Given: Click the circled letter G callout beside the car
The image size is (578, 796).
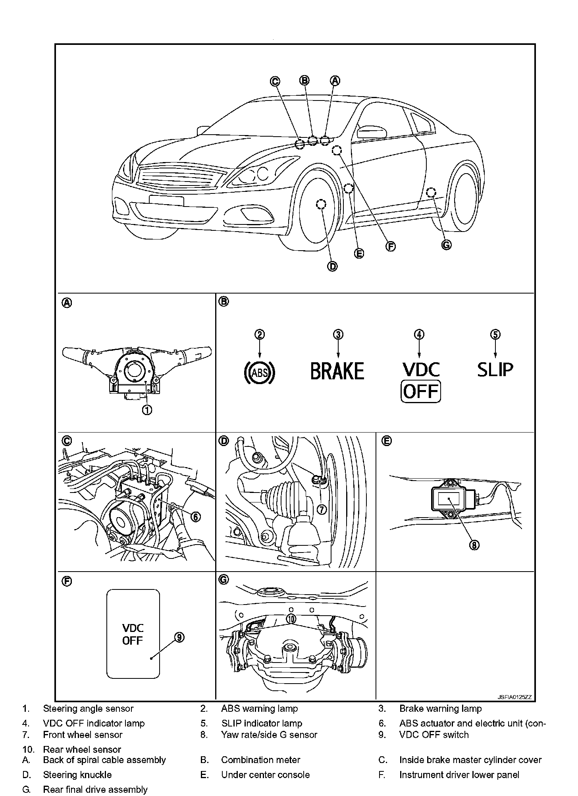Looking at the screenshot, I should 446,245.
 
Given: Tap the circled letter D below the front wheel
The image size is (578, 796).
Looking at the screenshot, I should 332,267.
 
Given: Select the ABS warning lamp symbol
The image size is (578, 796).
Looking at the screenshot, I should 259,372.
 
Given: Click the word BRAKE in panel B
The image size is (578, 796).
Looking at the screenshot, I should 337,371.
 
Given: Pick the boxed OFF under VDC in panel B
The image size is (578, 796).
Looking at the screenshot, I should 421,392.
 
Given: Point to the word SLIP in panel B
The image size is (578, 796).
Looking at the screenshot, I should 495,369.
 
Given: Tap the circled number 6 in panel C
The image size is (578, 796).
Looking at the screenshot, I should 195,516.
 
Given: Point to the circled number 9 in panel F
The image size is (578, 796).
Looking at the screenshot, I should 179,637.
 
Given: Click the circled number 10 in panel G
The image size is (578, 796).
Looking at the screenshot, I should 291,618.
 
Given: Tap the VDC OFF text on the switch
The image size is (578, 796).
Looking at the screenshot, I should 133,634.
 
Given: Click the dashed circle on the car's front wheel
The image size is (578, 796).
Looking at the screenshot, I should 321,204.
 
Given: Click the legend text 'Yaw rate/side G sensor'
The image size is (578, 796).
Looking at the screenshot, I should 269,735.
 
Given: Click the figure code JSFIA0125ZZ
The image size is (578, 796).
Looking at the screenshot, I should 514,697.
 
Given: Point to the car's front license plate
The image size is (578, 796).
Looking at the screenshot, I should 166,201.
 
